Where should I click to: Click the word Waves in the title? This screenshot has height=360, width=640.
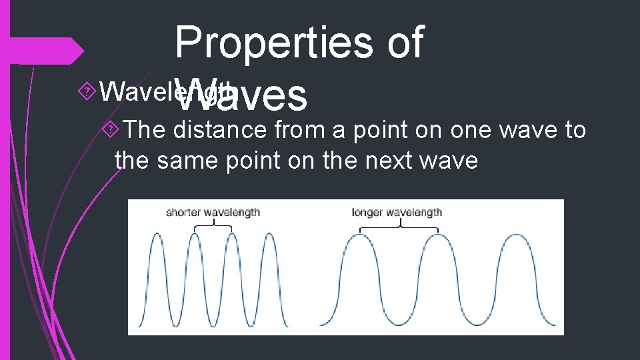pos(243,95)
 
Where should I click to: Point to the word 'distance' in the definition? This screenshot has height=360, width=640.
pos(220,129)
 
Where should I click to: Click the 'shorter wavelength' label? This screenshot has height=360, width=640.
pos(213,213)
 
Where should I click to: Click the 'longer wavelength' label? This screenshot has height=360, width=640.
pos(397,213)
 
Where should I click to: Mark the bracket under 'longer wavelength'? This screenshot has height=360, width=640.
pos(399,227)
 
